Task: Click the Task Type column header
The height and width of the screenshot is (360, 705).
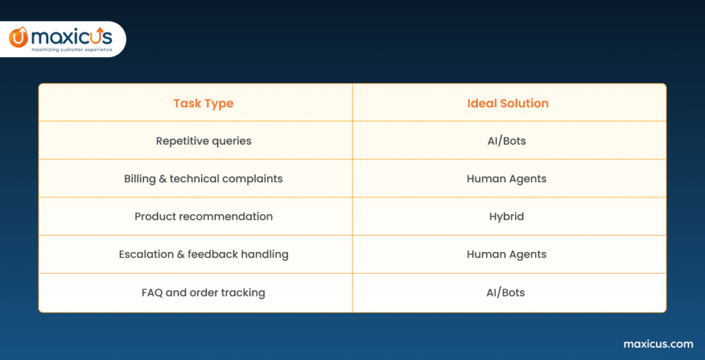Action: [x=203, y=103]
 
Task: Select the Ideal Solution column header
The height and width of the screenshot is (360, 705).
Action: [x=507, y=103]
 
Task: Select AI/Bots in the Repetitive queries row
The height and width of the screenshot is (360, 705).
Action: [x=506, y=141]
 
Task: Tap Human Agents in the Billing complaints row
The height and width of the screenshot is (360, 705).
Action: [x=507, y=179]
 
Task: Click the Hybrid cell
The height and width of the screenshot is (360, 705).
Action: [x=507, y=217]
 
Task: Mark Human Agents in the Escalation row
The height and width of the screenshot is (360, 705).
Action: [x=507, y=255]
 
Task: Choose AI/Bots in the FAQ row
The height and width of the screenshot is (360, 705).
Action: [x=505, y=293]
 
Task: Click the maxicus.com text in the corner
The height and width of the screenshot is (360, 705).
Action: [x=658, y=344]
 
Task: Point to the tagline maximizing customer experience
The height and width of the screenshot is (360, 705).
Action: [x=72, y=50]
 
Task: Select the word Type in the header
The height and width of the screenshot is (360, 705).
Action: [x=218, y=103]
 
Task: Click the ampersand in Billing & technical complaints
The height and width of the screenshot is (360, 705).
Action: [x=162, y=179]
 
